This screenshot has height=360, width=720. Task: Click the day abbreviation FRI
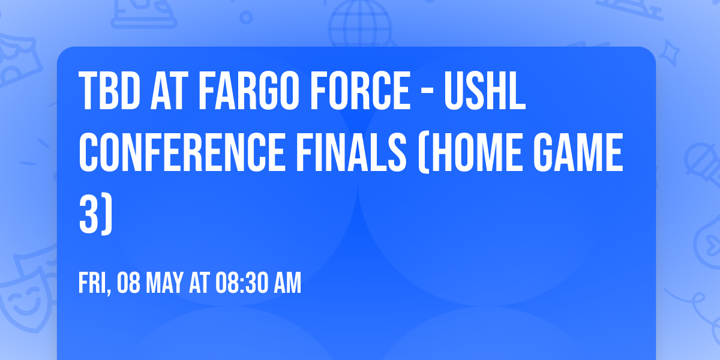(94, 284)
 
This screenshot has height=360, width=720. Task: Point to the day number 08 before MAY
(128, 284)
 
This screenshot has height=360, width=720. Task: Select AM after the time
(287, 284)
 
